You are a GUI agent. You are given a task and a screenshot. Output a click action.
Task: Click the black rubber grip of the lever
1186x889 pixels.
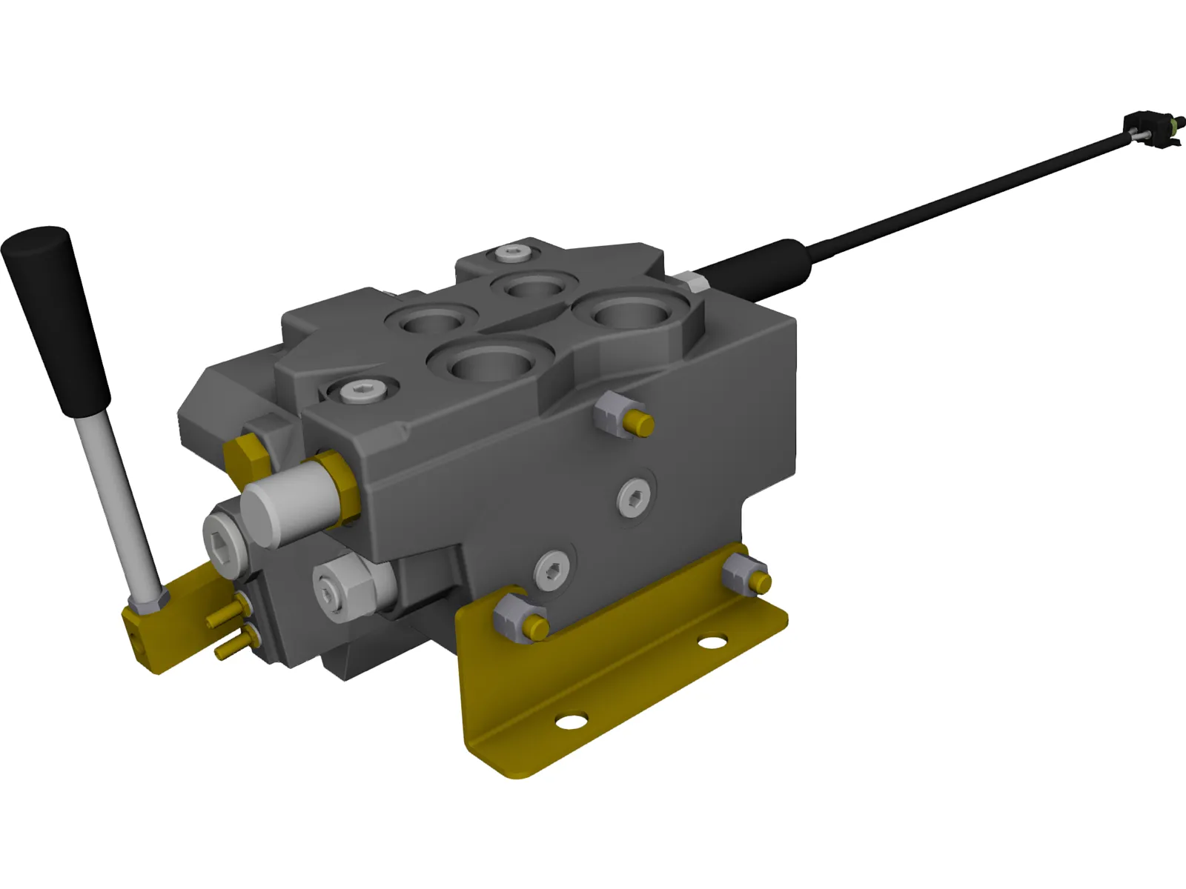tap(56, 319)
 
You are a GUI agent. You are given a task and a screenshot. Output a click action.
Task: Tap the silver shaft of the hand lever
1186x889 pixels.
tap(122, 504)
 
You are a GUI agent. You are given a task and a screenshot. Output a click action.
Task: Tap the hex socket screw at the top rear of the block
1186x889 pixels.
tap(513, 253)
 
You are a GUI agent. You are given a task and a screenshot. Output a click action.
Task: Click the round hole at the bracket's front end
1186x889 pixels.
tap(571, 720)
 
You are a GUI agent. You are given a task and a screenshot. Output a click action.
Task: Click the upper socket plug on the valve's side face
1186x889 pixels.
tap(635, 496)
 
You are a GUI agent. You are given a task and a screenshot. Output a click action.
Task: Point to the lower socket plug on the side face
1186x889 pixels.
tap(552, 570)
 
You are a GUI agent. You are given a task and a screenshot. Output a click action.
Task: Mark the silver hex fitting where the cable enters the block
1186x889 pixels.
tap(693, 283)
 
